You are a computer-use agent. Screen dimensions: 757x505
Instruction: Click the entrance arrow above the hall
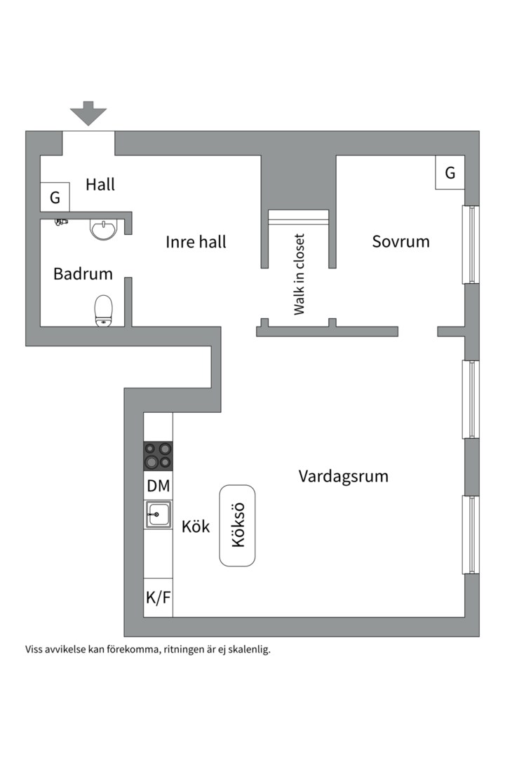(x=88, y=113)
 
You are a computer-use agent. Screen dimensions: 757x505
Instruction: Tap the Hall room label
(x=100, y=185)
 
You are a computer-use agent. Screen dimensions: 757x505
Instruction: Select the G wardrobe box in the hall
(x=55, y=197)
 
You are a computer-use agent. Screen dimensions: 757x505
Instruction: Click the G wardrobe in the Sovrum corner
(x=450, y=172)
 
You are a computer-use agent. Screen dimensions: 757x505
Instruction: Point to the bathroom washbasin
(x=104, y=229)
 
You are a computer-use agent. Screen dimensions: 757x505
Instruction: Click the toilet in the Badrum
(x=104, y=311)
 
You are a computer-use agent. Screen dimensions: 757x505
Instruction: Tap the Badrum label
(x=83, y=274)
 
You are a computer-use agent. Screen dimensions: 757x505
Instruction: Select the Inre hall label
(x=196, y=243)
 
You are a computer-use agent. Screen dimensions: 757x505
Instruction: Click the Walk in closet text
(x=299, y=274)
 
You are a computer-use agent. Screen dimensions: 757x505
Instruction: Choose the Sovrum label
(x=400, y=242)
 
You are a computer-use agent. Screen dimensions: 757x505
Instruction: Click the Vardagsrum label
(x=343, y=477)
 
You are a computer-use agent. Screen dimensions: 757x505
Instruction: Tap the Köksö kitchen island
(x=237, y=526)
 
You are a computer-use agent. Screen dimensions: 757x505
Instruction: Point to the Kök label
(x=196, y=527)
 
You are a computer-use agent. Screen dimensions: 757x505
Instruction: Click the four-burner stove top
(x=158, y=456)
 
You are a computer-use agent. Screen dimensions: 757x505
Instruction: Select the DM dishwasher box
(x=158, y=485)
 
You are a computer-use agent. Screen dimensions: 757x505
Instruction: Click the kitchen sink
(x=158, y=514)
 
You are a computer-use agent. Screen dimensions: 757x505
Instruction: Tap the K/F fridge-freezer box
(x=158, y=598)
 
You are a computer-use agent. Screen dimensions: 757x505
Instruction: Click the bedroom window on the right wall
(x=471, y=245)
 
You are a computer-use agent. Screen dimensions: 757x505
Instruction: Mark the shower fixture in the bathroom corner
(x=61, y=221)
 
